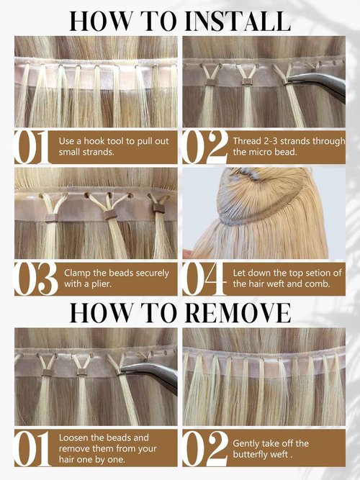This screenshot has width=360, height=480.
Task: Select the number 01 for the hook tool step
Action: [x=31, y=146]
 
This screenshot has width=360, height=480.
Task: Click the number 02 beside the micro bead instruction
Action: [x=205, y=146]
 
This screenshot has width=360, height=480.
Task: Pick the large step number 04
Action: [x=205, y=280]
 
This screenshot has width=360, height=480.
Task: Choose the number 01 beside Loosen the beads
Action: [x=31, y=449]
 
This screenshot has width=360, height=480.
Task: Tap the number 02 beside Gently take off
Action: [x=205, y=449]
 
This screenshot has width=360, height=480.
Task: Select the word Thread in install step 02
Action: [x=248, y=140]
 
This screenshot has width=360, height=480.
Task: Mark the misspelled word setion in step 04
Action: [x=307, y=273]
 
